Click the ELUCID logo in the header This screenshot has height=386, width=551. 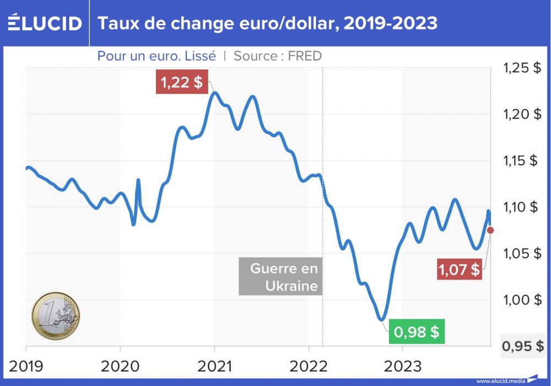click(44, 23)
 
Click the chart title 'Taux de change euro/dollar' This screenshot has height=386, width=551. click(268, 23)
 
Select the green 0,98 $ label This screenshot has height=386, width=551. click(417, 332)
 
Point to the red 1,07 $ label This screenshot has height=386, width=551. click(459, 270)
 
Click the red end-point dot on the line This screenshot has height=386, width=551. click(490, 230)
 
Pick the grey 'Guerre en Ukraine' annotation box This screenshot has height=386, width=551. click(280, 277)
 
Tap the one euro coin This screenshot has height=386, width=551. click(56, 316)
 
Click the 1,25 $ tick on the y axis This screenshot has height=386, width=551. click(521, 68)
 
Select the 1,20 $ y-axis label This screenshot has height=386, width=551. click(521, 114)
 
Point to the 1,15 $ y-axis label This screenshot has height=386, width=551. click(521, 160)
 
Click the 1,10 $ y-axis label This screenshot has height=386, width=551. click(521, 207)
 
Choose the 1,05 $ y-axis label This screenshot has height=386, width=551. click(521, 253)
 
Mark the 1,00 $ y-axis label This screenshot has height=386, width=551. click(521, 299)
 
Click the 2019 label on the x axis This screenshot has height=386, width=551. click(26, 366)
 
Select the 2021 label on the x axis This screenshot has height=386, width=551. click(214, 366)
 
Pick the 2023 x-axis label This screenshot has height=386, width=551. click(402, 366)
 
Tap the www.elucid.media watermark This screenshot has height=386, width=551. click(500, 380)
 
